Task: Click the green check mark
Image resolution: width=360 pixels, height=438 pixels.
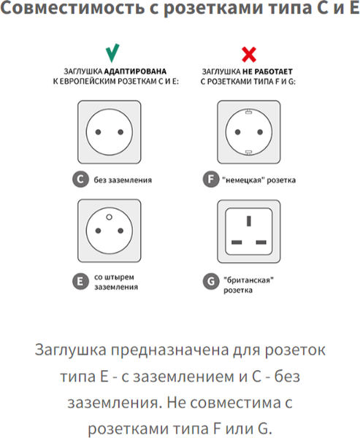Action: pyautogui.click(x=112, y=53)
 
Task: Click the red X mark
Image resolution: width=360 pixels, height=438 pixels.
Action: pyautogui.click(x=249, y=53)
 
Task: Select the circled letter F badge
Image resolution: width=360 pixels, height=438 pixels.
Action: pyautogui.click(x=210, y=179)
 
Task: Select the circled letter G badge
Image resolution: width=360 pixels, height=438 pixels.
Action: pyautogui.click(x=210, y=282)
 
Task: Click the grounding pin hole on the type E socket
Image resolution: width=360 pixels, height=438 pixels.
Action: pyautogui.click(x=110, y=217)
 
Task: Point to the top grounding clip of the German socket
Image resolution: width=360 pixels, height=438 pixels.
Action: pyautogui.click(x=249, y=112)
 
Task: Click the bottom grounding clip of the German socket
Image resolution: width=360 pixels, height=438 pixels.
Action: pyautogui.click(x=249, y=153)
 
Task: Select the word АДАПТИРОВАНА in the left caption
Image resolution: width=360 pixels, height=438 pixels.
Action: pyautogui.click(x=132, y=72)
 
